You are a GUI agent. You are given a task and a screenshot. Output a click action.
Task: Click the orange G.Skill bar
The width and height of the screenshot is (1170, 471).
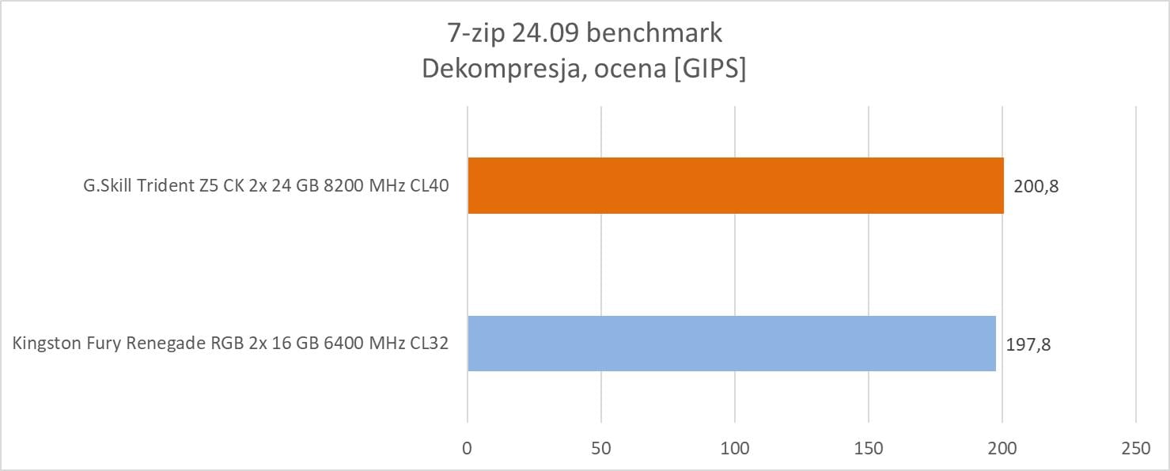tap(736, 185)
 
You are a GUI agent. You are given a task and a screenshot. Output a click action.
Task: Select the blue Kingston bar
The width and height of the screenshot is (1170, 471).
tap(732, 344)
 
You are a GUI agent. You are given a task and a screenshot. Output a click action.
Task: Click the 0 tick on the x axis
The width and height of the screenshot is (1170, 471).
tap(468, 447)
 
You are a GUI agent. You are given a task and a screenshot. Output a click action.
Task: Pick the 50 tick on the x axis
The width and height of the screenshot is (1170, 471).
tap(601, 447)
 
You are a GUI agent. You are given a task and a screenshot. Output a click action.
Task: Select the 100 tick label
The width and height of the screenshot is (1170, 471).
tap(735, 447)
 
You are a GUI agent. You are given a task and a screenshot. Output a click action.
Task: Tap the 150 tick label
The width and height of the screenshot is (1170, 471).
tap(869, 447)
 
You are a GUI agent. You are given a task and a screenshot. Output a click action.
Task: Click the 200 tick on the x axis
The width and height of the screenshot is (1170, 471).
tap(1002, 447)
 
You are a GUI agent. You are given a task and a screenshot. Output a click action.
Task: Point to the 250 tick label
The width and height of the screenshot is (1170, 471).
tap(1136, 447)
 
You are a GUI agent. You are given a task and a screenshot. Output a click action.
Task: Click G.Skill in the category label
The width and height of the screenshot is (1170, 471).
tap(109, 186)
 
